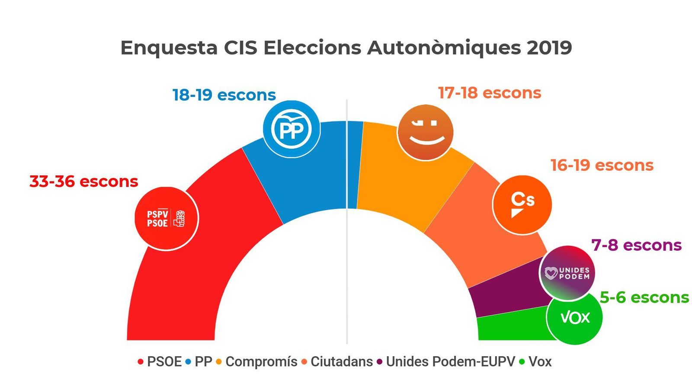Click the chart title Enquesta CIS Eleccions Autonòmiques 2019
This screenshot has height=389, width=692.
(346, 48)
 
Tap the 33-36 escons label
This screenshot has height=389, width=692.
(83, 182)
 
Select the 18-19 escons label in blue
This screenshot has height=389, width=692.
(224, 95)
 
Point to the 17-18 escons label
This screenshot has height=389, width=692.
(489, 93)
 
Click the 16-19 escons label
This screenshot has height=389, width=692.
(602, 165)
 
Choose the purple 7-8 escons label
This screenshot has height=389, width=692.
(636, 245)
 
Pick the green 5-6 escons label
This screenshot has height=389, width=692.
(644, 297)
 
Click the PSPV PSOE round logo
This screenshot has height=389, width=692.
(167, 218)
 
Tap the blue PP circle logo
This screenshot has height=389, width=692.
(292, 129)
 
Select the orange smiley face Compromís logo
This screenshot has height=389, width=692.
(425, 132)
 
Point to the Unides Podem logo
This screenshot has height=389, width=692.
(567, 273)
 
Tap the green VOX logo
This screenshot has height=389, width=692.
(574, 318)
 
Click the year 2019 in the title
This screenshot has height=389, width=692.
(549, 48)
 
